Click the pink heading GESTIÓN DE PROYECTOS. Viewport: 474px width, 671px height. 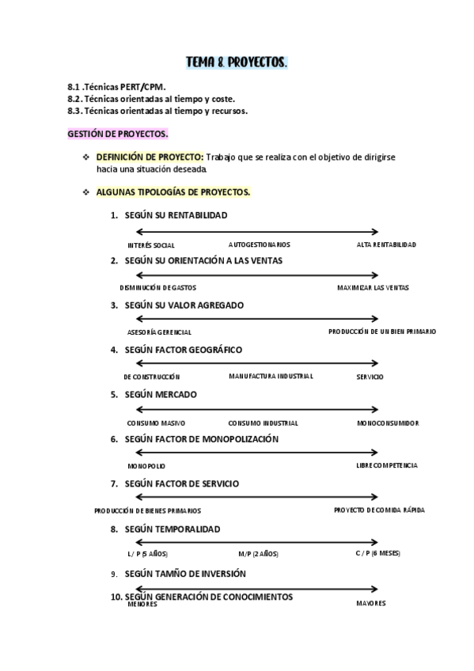point(117,135)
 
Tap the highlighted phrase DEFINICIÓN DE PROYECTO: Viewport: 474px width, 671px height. point(150,157)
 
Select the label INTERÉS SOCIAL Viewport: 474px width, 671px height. point(150,245)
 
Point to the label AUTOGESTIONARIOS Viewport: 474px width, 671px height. point(259,245)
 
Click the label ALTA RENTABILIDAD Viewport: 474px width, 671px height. point(386,245)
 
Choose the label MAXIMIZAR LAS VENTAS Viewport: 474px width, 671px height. point(373,288)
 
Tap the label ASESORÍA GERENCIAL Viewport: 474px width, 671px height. point(159,332)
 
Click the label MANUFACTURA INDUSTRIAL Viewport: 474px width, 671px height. point(271,376)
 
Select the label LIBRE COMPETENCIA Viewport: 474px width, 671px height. point(386,465)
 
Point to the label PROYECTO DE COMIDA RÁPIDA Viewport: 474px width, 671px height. point(379,510)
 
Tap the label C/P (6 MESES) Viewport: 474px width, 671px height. point(377,553)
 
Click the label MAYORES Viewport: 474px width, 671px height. point(370,604)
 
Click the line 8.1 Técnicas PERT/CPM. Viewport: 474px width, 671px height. point(116,87)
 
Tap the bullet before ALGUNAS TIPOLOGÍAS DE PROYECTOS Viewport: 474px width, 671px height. point(85,192)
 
